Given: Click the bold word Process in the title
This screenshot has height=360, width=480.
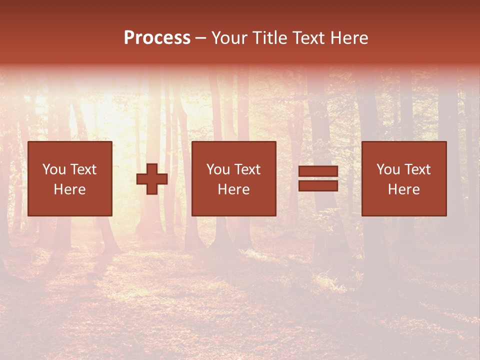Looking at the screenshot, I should pyautogui.click(x=157, y=38).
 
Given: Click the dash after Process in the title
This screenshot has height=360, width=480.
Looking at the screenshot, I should pyautogui.click(x=201, y=38).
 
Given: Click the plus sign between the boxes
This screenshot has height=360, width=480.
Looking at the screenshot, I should pyautogui.click(x=152, y=178).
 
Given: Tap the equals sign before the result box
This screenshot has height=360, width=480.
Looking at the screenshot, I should pyautogui.click(x=318, y=178).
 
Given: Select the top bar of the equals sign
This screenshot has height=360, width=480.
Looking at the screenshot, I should pyautogui.click(x=318, y=172).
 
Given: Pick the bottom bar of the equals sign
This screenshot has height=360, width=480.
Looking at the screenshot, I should pyautogui.click(x=318, y=185).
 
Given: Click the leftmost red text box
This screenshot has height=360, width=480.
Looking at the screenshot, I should pyautogui.click(x=69, y=178).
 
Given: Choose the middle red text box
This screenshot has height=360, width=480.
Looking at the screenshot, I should pyautogui.click(x=233, y=178).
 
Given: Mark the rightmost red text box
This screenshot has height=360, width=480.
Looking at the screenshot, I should pyautogui.click(x=403, y=178).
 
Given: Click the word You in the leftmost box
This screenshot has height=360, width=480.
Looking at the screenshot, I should pyautogui.click(x=53, y=169).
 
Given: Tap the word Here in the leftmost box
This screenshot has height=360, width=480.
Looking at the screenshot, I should pyautogui.click(x=69, y=189).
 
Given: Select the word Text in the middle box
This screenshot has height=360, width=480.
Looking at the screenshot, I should pyautogui.click(x=247, y=169).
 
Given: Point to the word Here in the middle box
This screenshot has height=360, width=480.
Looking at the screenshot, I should pyautogui.click(x=233, y=189).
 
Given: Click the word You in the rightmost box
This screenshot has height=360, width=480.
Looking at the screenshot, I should pyautogui.click(x=388, y=169).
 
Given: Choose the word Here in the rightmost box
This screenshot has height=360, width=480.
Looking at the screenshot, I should pyautogui.click(x=403, y=189).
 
